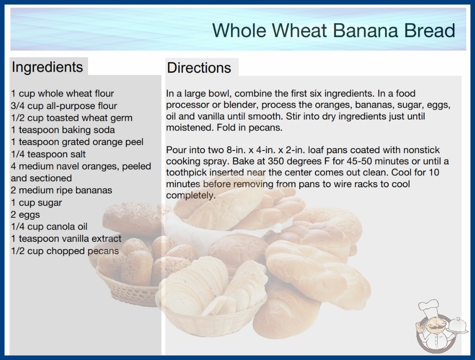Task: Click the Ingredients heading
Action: pos(47,67)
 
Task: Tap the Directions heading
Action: pos(199,68)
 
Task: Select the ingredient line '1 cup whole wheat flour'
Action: pos(62,94)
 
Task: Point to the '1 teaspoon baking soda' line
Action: pos(63,130)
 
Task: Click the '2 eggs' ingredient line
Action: pos(25,215)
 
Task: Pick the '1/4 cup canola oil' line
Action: pos(49,226)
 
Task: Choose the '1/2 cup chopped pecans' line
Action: pos(65,251)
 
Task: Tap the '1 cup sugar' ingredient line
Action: pos(36,203)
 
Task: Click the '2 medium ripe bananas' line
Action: pos(61,190)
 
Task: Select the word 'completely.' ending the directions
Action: pos(191,195)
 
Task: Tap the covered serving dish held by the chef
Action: pos(458,326)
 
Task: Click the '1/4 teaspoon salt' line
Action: pos(48,154)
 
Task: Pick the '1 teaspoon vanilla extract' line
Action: pos(66,239)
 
